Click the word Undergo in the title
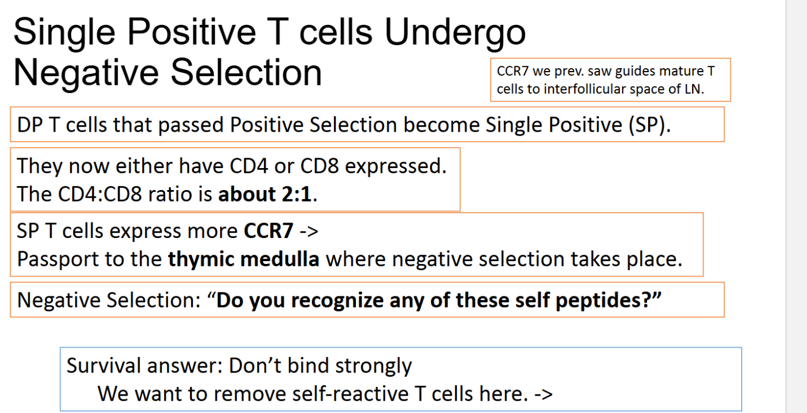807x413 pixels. point(455,34)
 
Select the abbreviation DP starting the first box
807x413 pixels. point(29,125)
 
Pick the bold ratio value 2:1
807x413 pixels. point(296,194)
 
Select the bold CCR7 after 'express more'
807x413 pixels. point(269,231)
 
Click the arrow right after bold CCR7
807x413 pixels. point(308,232)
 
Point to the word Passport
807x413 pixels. point(58,259)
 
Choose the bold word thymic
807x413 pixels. point(201,259)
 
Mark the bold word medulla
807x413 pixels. point(280,259)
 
